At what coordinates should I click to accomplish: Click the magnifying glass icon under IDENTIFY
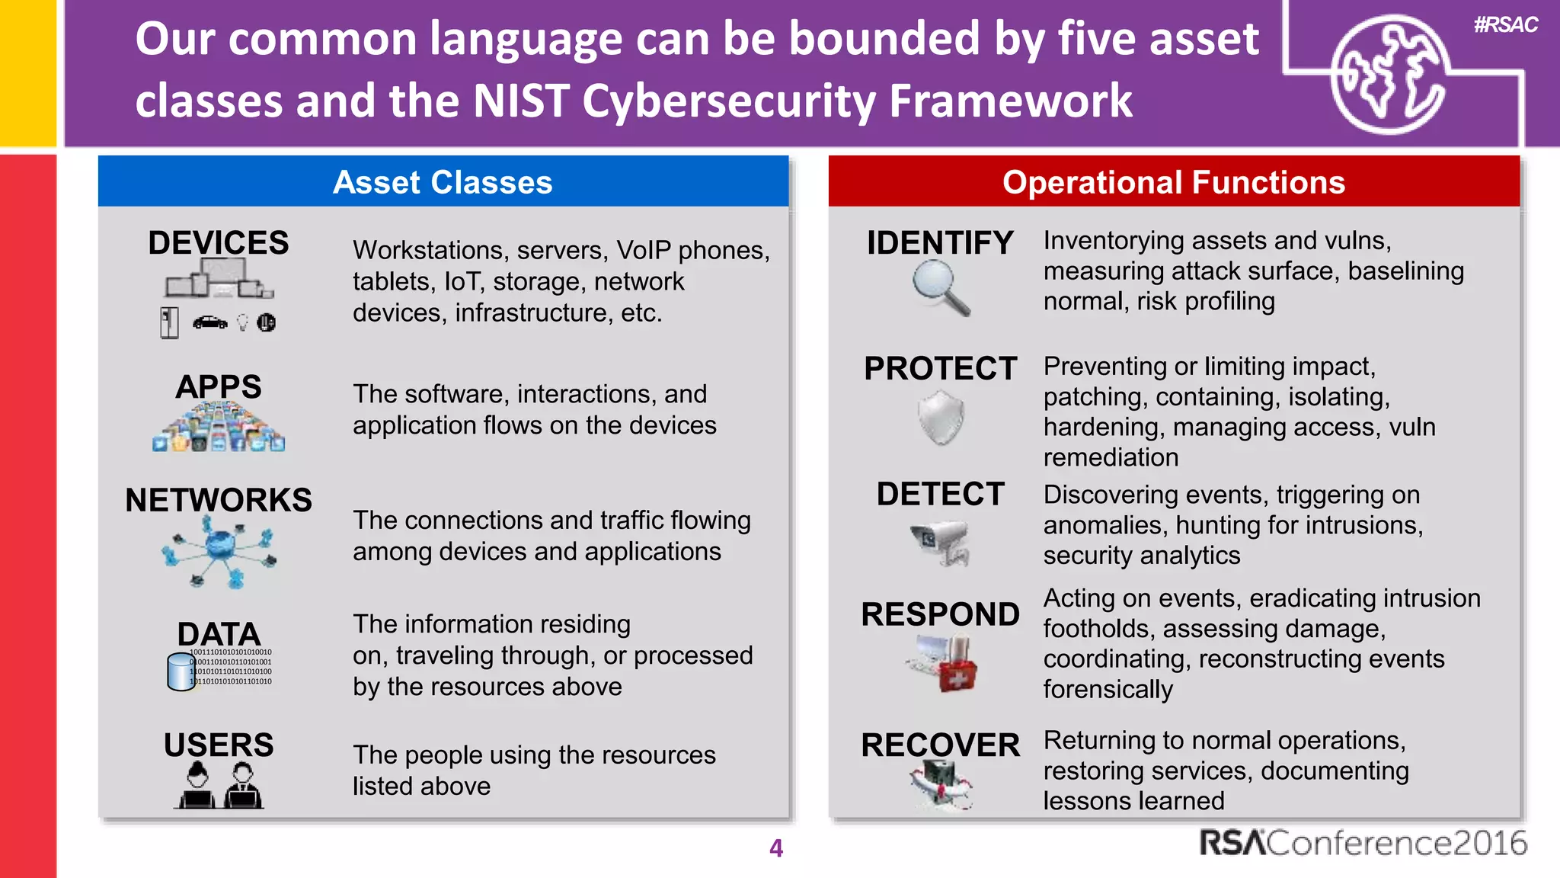click(941, 287)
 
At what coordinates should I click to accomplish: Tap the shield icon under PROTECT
click(941, 417)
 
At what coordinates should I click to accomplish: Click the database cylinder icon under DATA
click(181, 671)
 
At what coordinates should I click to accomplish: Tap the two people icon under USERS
click(219, 786)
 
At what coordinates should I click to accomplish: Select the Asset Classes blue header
click(443, 182)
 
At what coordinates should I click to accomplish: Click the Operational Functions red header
click(1173, 182)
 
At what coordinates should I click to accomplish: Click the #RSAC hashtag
click(1505, 25)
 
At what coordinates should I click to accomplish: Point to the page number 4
click(775, 848)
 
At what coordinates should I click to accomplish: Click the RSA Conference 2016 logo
click(1363, 843)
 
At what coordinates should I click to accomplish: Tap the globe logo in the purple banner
click(1389, 74)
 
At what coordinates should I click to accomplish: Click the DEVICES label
click(219, 243)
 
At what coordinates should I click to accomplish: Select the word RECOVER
click(940, 745)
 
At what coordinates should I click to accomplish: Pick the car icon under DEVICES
click(209, 322)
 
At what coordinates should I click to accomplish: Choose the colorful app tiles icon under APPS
click(219, 427)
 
